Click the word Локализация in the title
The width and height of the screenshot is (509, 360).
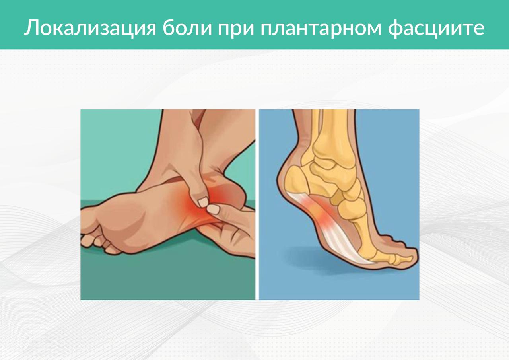click(x=90, y=28)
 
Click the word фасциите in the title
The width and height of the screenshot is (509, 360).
click(x=436, y=28)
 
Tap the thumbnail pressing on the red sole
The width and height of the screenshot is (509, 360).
click(x=203, y=202)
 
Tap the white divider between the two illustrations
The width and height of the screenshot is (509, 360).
click(x=257, y=204)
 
